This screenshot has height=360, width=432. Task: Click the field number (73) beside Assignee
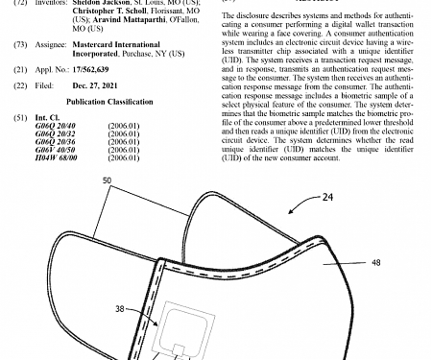[x=20, y=44]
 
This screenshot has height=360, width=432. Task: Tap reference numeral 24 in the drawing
[x=327, y=200]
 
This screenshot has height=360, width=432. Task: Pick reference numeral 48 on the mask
[x=375, y=262]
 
